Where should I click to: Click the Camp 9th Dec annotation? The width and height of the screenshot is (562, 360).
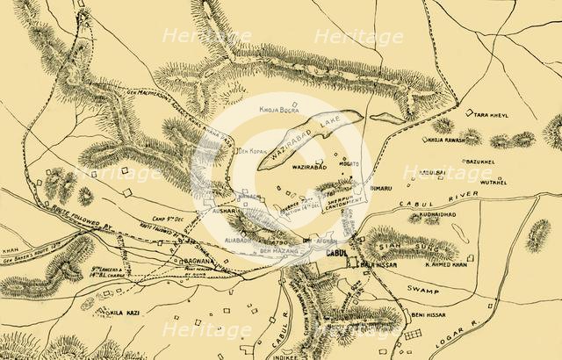[x=149, y=214]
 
